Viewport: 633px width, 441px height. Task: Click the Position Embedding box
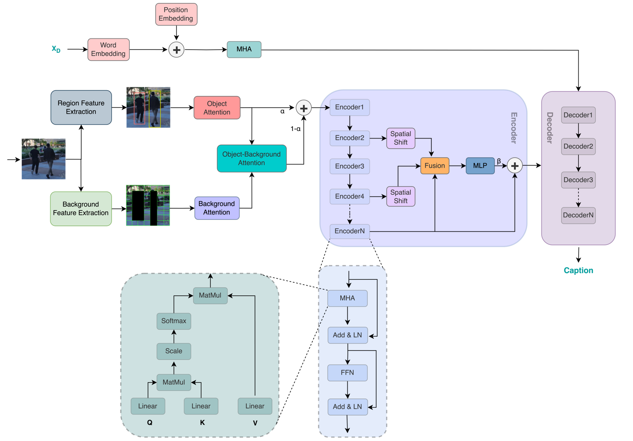[176, 14]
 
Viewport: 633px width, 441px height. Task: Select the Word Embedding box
[108, 50]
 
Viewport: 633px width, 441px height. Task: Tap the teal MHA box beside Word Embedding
[244, 50]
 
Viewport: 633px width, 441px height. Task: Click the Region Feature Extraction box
[81, 107]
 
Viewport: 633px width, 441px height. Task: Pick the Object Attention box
[217, 108]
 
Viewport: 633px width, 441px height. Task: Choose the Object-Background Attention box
[252, 159]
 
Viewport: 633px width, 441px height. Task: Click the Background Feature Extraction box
[81, 209]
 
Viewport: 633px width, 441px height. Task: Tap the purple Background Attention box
[217, 208]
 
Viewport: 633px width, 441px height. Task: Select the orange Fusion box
[434, 166]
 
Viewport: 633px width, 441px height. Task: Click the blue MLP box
[480, 166]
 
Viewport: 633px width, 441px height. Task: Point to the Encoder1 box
[350, 107]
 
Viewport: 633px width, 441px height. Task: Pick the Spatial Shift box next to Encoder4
[401, 197]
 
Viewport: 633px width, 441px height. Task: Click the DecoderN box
[578, 215]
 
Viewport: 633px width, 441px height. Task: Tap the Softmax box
[174, 321]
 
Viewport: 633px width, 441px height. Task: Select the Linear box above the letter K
[201, 406]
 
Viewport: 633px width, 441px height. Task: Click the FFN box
[348, 373]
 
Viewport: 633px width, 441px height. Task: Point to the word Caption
[578, 270]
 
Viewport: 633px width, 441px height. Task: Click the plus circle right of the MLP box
[515, 166]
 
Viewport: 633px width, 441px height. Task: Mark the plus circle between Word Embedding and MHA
[177, 50]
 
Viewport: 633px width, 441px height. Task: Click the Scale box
[174, 351]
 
